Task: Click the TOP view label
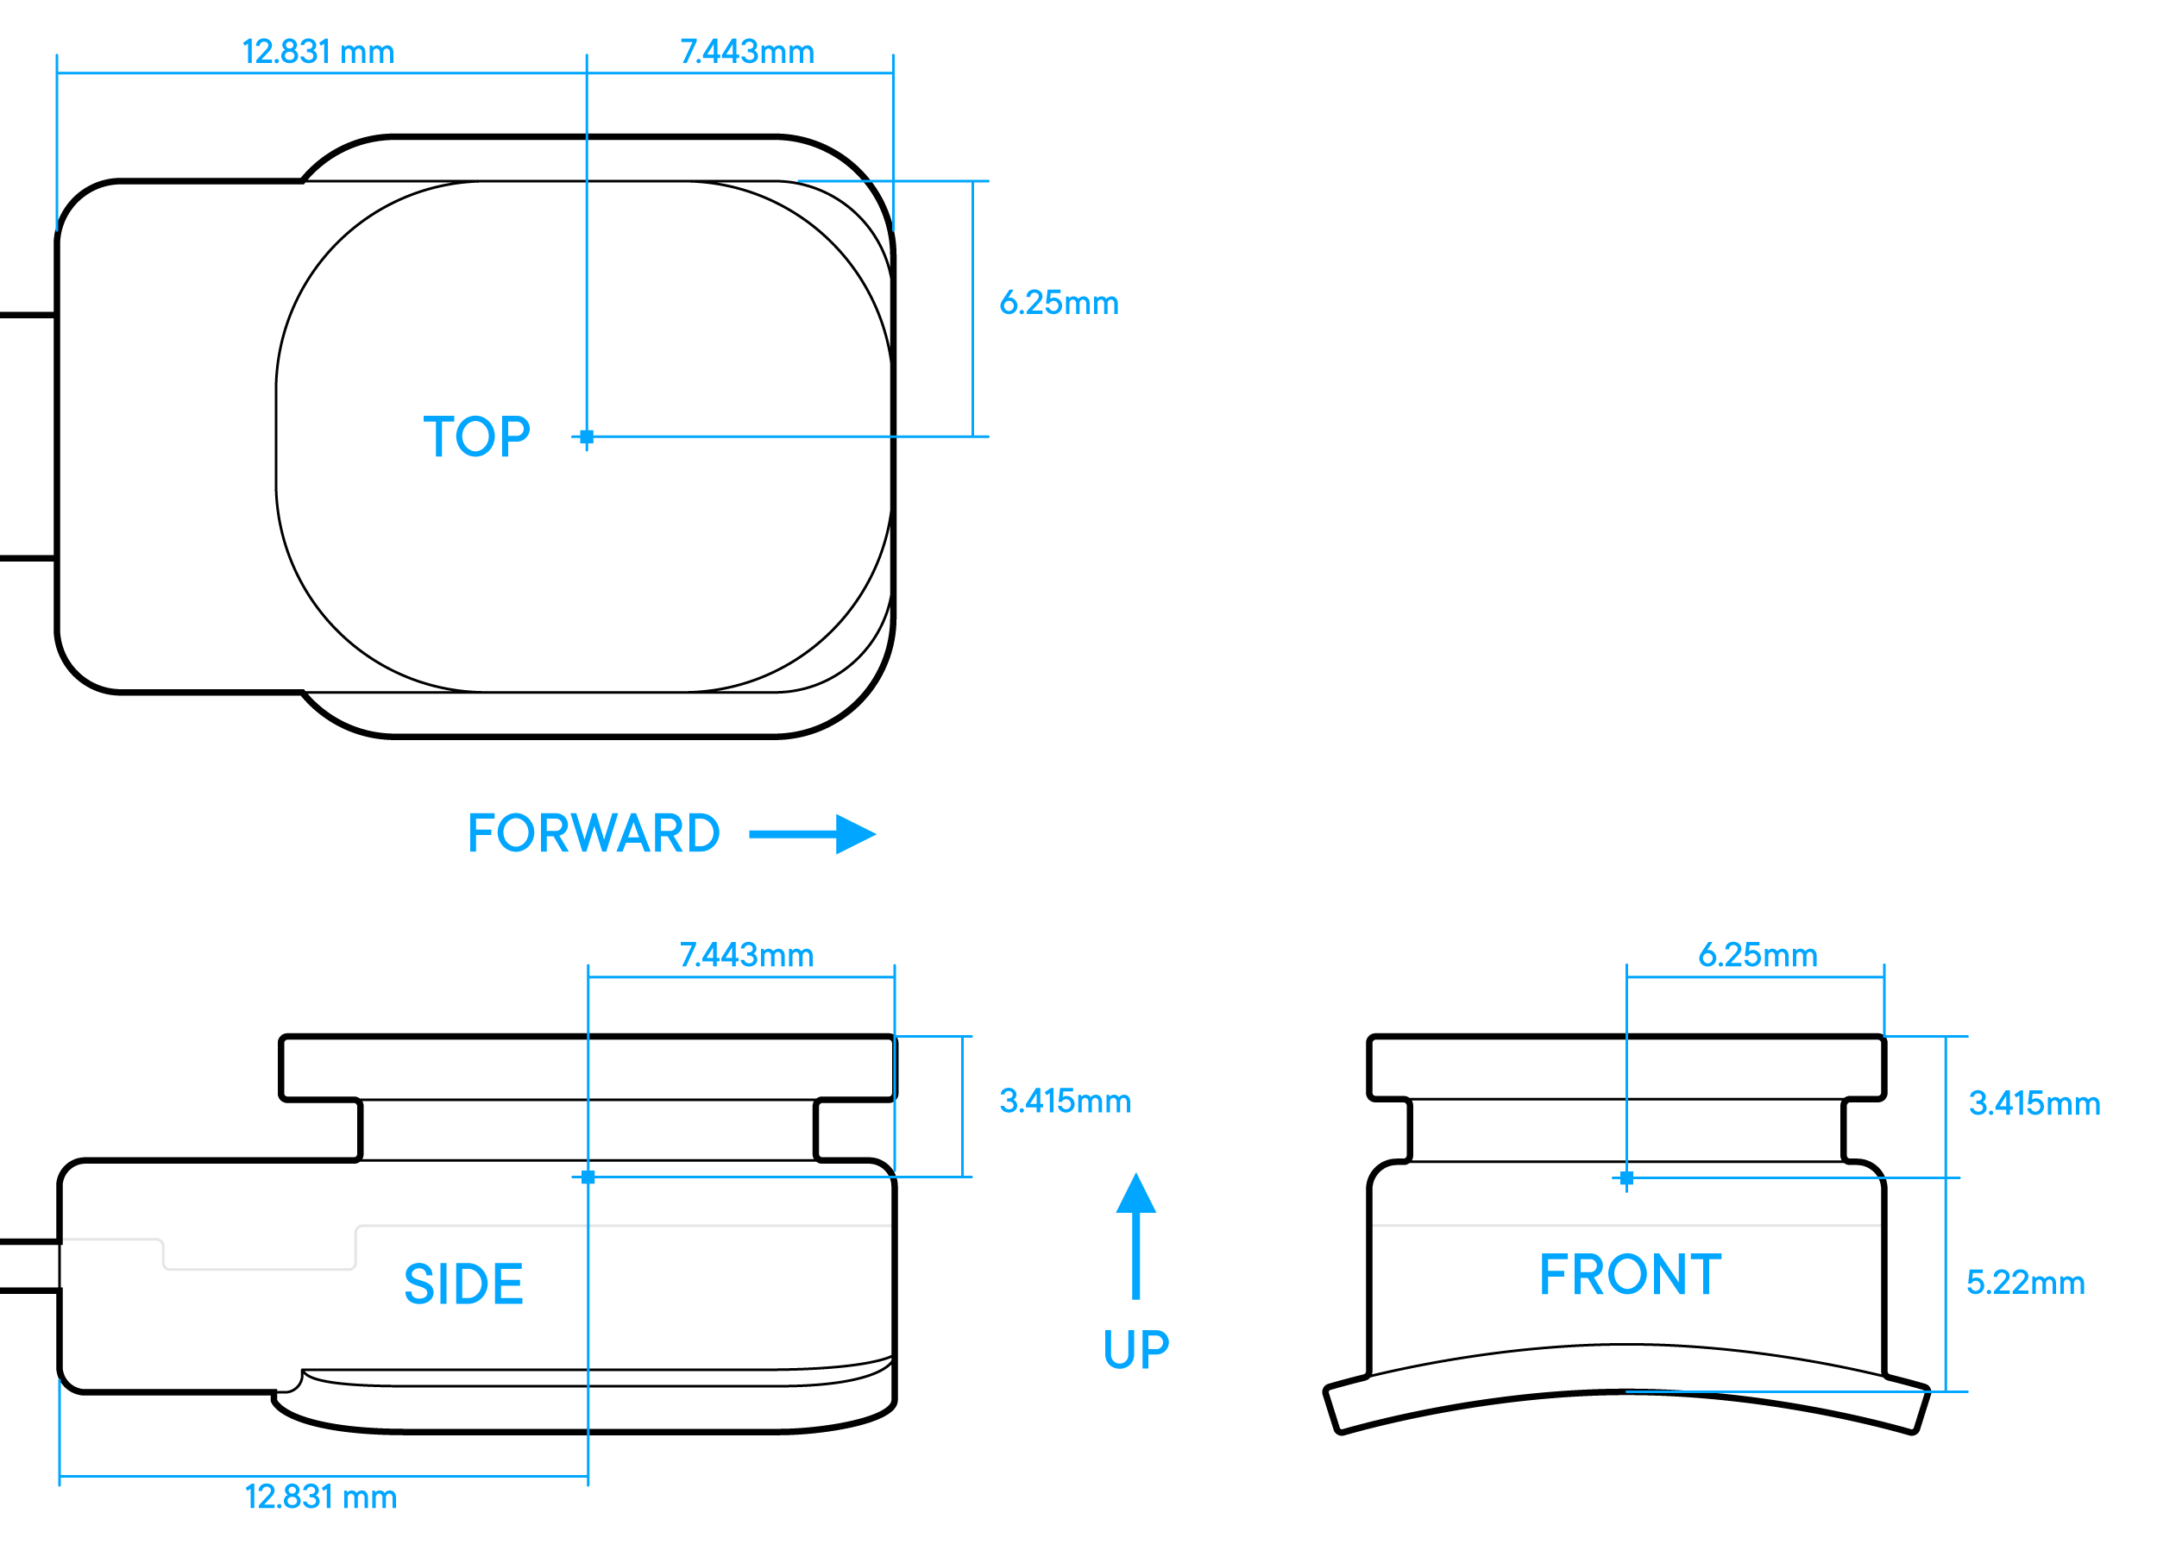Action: pyautogui.click(x=476, y=437)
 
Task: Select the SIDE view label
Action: pyautogui.click(x=463, y=1284)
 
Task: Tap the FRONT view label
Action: pyautogui.click(x=1630, y=1276)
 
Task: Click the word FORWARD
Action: pyautogui.click(x=594, y=833)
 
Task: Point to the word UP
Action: pyautogui.click(x=1135, y=1350)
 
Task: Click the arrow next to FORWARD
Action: pyautogui.click(x=813, y=834)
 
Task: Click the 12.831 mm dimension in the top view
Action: pyautogui.click(x=318, y=52)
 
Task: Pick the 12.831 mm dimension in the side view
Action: pyautogui.click(x=320, y=1497)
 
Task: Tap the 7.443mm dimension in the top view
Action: pyautogui.click(x=746, y=52)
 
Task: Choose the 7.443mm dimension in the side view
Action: pyautogui.click(x=746, y=955)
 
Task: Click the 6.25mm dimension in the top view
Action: pyautogui.click(x=1059, y=303)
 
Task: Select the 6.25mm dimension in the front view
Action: pyautogui.click(x=1758, y=955)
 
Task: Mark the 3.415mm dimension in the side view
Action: pyautogui.click(x=1064, y=1102)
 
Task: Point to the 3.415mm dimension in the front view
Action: pyautogui.click(x=2034, y=1103)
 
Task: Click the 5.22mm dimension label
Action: pyautogui.click(x=2026, y=1282)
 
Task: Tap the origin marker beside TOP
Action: pyautogui.click(x=587, y=436)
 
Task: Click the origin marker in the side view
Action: pyautogui.click(x=588, y=1177)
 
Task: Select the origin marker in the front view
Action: pyautogui.click(x=1626, y=1178)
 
